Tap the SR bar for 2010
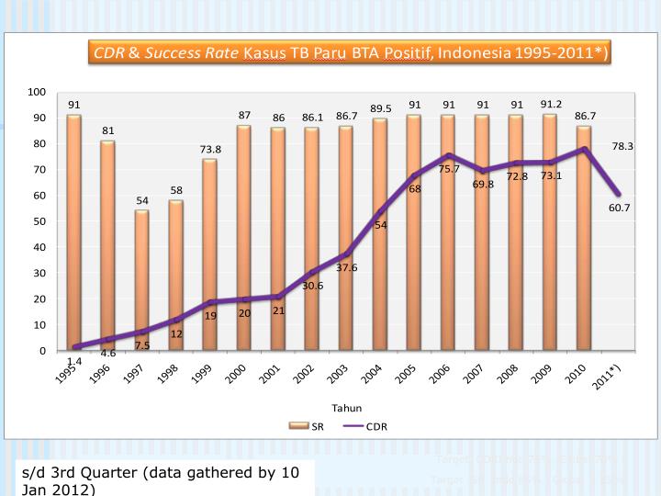583,238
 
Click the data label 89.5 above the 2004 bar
381,108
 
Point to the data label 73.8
209,149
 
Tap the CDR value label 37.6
346,268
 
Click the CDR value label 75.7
449,169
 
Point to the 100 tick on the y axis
37,92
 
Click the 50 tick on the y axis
39,221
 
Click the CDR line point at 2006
447,155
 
